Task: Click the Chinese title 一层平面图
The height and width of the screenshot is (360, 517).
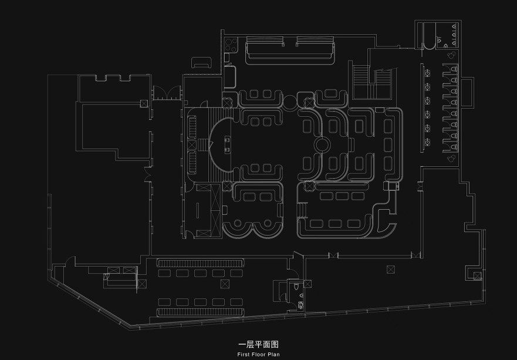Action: (x=258, y=345)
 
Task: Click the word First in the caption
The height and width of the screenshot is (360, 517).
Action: (x=244, y=355)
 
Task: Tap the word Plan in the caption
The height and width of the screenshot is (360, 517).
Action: (x=273, y=355)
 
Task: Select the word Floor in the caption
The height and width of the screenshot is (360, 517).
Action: (x=258, y=355)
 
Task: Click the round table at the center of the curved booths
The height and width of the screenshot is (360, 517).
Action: (x=322, y=144)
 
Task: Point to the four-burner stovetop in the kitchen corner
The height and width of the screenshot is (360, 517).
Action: (x=231, y=45)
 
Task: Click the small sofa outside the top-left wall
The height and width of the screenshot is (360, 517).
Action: (x=202, y=62)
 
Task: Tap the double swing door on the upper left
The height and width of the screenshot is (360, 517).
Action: (x=167, y=93)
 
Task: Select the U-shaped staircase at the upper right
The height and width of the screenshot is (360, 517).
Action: (x=372, y=82)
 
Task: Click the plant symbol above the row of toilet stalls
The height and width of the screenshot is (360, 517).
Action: (x=452, y=54)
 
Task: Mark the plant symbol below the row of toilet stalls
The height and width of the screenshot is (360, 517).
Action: (x=451, y=159)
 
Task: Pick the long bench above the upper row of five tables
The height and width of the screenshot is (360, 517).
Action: (x=201, y=263)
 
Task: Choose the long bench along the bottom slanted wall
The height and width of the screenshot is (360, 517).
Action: (x=201, y=312)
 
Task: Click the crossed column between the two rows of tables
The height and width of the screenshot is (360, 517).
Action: (x=225, y=284)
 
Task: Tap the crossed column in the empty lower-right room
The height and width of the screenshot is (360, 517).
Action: (x=391, y=270)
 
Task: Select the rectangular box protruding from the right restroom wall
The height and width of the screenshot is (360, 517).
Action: (x=468, y=92)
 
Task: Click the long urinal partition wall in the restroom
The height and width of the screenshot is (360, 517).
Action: (x=422, y=108)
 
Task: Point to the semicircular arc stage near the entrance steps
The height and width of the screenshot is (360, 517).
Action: (x=221, y=144)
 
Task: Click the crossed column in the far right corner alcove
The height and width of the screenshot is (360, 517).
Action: (x=477, y=276)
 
